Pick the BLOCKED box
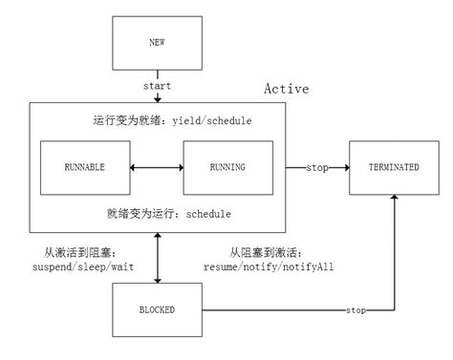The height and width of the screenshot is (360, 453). point(156,309)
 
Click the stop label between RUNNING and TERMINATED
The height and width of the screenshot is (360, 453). point(318,167)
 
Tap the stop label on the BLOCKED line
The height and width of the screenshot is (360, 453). point(355,310)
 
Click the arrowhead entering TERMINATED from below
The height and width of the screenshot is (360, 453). point(394,197)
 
